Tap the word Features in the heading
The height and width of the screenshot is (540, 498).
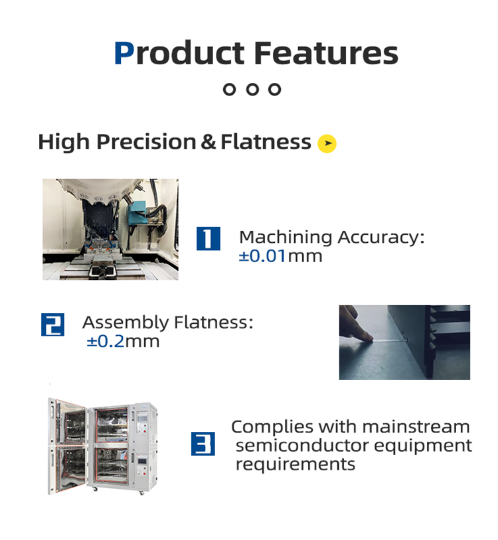point(326,52)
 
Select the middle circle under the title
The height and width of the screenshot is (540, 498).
point(252,89)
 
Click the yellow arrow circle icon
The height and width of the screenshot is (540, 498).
point(327,143)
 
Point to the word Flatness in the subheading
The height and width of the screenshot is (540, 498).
point(266,141)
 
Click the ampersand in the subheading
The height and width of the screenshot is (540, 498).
point(208,142)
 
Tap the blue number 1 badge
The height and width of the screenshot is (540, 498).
point(208,238)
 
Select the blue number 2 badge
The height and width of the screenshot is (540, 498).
point(52,324)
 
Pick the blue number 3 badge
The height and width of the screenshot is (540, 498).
point(203,444)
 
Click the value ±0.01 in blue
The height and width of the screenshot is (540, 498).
point(262,256)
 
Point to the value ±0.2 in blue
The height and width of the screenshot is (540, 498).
point(106,341)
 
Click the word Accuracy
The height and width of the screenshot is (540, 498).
point(381,237)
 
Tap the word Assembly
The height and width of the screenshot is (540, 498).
point(125,323)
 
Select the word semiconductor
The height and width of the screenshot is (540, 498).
point(303,445)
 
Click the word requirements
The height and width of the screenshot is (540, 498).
point(295,464)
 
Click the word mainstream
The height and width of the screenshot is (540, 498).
point(416,427)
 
